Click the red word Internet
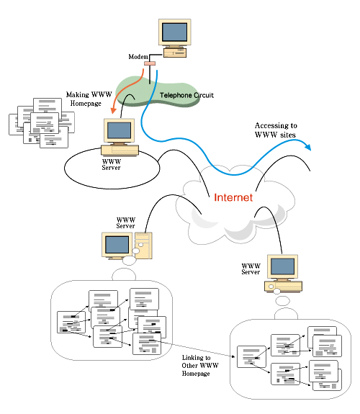pos(233,197)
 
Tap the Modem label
pos(138,57)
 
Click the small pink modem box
pos(150,63)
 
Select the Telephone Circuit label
pos(186,95)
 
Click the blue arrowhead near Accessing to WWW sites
pos(307,147)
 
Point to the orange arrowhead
pos(114,110)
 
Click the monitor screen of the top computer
pos(174,32)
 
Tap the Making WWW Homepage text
pos(89,99)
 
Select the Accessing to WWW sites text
pos(276,130)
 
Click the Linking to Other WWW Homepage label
pos(200,366)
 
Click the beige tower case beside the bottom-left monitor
pos(143,246)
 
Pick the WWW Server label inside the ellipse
pos(112,164)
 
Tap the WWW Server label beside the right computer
pos(251,269)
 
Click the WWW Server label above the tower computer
pos(126,223)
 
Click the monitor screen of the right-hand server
pos(283,266)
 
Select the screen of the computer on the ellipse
pos(119,130)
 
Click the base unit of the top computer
pos(175,53)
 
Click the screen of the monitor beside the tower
pos(117,245)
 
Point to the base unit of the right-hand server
pos(283,287)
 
